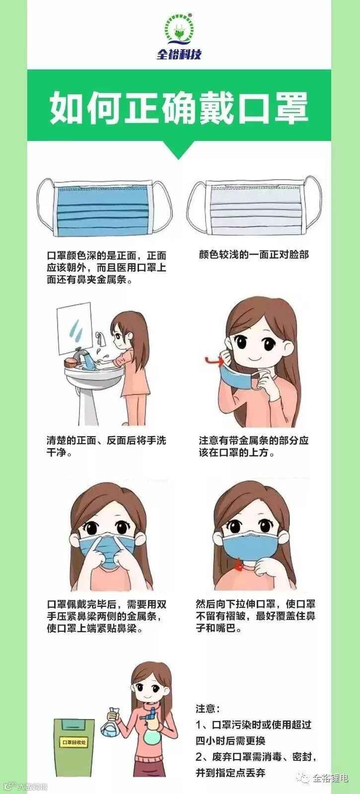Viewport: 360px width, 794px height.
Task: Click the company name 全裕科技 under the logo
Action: [179, 55]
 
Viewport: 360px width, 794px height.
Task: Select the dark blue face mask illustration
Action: [105, 208]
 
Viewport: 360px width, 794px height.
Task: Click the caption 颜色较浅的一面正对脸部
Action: [254, 255]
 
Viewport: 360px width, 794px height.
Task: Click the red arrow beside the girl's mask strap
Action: [214, 361]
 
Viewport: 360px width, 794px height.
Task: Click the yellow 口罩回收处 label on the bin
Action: [74, 742]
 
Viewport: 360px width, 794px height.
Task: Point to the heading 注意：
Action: [208, 709]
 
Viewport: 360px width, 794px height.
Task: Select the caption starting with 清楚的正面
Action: [106, 447]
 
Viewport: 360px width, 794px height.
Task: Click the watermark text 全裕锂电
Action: [330, 778]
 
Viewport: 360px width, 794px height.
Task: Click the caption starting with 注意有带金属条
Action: [254, 447]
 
